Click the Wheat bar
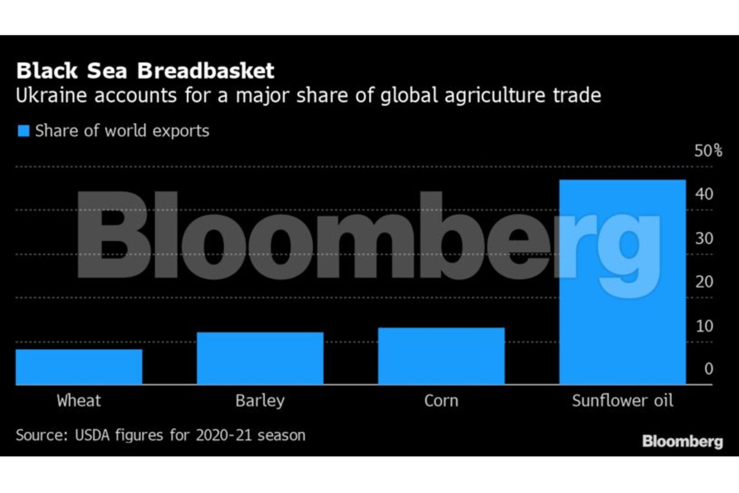click(79, 367)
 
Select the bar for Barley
click(260, 358)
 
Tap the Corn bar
click(441, 356)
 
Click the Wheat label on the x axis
click(79, 401)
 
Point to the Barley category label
click(260, 401)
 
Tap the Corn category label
click(441, 401)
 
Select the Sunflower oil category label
click(622, 401)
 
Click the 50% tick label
click(708, 150)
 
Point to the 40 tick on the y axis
click(704, 194)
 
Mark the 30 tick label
click(704, 238)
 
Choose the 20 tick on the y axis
click(704, 282)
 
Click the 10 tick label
click(704, 326)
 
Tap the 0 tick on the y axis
click(708, 369)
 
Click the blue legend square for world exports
click(23, 131)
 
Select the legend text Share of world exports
click(122, 131)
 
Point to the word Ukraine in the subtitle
click(51, 96)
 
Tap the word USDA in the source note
click(92, 435)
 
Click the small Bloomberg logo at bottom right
click(682, 441)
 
